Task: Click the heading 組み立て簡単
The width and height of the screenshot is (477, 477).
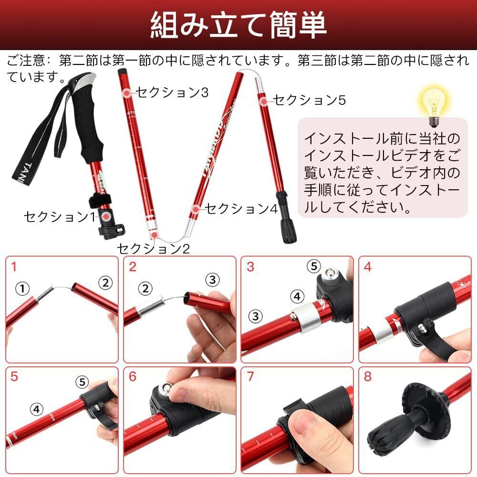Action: tap(238, 25)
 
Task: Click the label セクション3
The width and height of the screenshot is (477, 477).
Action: tap(172, 92)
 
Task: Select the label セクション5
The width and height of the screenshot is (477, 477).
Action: tap(310, 100)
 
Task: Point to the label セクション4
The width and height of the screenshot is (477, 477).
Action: tap(242, 208)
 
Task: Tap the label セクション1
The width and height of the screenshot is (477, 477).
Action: tap(60, 217)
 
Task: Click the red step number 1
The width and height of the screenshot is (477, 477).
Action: tap(14, 267)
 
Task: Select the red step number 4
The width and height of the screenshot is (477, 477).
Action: tap(367, 267)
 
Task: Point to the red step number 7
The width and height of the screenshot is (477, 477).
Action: tap(250, 376)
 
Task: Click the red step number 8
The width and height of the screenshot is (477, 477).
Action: tap(367, 376)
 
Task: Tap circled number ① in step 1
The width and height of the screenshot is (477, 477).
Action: tap(22, 289)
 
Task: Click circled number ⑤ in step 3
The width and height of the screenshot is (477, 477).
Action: tap(314, 267)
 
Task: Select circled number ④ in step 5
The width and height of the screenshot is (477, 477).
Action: tap(37, 409)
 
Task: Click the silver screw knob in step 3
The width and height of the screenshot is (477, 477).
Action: tap(331, 276)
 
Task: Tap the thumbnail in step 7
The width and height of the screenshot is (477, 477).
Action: tap(304, 425)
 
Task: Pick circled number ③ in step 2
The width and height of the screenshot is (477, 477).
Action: tap(212, 280)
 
